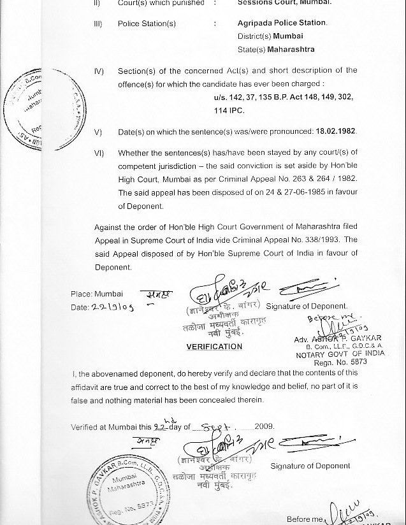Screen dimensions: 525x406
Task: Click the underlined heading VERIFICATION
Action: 214,347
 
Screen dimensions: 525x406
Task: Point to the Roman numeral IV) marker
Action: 99,71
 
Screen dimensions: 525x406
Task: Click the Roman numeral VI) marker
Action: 99,154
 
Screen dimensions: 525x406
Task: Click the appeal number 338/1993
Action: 323,241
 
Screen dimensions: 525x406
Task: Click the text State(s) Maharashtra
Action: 263,49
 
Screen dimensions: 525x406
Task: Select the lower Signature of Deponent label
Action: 310,466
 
